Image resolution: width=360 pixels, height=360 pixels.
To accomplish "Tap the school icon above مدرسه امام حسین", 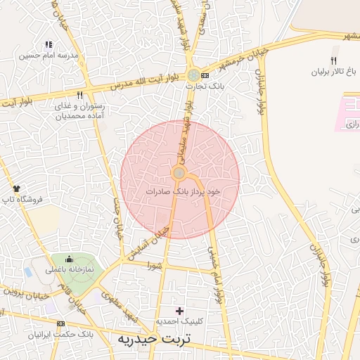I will click(x=48, y=44).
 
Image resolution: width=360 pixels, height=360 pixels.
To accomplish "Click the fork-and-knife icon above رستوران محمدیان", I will click(x=80, y=95).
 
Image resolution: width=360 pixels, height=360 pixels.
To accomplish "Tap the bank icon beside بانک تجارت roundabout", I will click(x=205, y=75).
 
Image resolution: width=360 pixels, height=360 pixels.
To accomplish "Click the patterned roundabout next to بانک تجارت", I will click(x=193, y=75).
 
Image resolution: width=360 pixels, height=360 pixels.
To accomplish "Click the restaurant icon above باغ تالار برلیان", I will click(x=333, y=61).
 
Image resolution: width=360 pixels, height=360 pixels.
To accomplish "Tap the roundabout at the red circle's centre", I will click(x=179, y=173).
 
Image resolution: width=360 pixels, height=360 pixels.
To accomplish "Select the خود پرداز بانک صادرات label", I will click(x=184, y=191).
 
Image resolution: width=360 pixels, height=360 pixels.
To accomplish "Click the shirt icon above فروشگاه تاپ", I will click(x=17, y=188).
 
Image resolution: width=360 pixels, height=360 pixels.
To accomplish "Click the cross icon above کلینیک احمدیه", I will click(x=179, y=310).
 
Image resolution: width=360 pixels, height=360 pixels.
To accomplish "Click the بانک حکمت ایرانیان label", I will click(x=56, y=334).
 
